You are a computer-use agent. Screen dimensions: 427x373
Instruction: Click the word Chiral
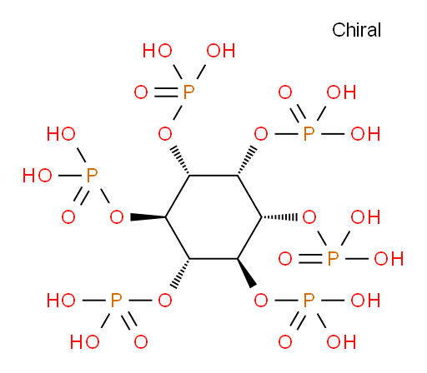[x=356, y=30]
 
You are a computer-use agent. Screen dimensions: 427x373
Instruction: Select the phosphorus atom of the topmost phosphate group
[x=188, y=92]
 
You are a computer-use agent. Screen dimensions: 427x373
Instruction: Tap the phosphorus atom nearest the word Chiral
[x=309, y=134]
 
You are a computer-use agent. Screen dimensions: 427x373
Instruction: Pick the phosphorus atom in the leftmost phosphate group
[x=92, y=176]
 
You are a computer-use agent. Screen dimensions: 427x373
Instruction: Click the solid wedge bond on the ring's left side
[x=148, y=217]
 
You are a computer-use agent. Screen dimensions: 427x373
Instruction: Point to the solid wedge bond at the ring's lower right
[x=247, y=273]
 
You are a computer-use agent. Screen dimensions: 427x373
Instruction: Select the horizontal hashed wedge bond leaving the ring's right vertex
[x=279, y=217]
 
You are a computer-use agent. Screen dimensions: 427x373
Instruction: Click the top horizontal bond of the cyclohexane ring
[x=213, y=176]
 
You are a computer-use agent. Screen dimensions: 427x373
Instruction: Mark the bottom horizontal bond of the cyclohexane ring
[x=213, y=259]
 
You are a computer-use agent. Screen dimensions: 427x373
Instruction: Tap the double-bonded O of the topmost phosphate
[x=141, y=92]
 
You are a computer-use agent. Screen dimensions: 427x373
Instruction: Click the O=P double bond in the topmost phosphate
[x=166, y=92]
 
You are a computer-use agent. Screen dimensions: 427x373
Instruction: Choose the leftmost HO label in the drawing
[x=38, y=176]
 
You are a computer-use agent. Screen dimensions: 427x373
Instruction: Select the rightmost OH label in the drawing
[x=389, y=259]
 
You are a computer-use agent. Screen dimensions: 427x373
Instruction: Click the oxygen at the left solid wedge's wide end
[x=117, y=217]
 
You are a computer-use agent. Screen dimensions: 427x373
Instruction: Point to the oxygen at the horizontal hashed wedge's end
[x=309, y=217]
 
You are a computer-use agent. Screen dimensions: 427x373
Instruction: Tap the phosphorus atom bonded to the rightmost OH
[x=333, y=259]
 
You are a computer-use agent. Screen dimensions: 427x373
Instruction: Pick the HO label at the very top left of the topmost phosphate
[x=158, y=51]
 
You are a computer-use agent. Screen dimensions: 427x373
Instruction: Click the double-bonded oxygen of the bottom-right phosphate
[x=285, y=341]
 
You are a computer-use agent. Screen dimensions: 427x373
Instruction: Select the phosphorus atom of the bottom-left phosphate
[x=116, y=301]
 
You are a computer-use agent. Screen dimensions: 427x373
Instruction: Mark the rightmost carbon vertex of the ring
[x=261, y=217]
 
